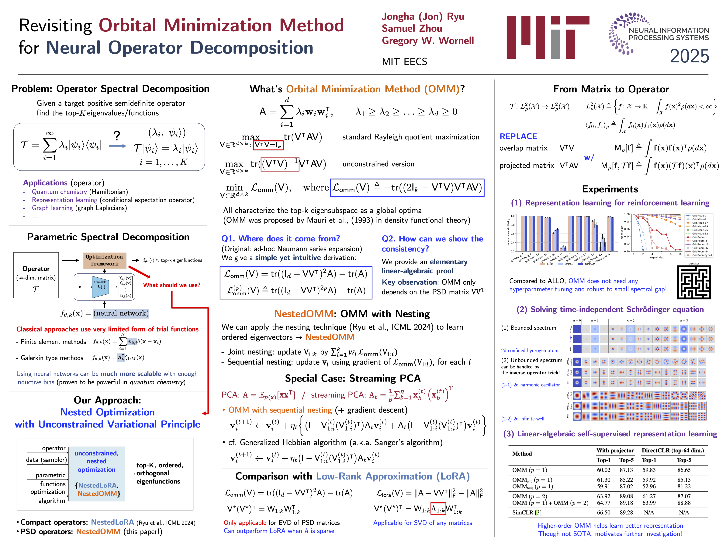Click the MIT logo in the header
pos(548,37)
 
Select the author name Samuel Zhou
pos(412,29)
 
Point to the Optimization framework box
pos(104,260)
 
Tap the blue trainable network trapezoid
pos(100,287)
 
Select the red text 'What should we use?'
pos(171,285)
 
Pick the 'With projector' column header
pos(615,450)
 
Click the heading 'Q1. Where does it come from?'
pos(281,238)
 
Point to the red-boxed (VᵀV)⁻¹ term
pos(280,164)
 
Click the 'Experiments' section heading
pos(610,189)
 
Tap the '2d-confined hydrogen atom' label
pos(529,350)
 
